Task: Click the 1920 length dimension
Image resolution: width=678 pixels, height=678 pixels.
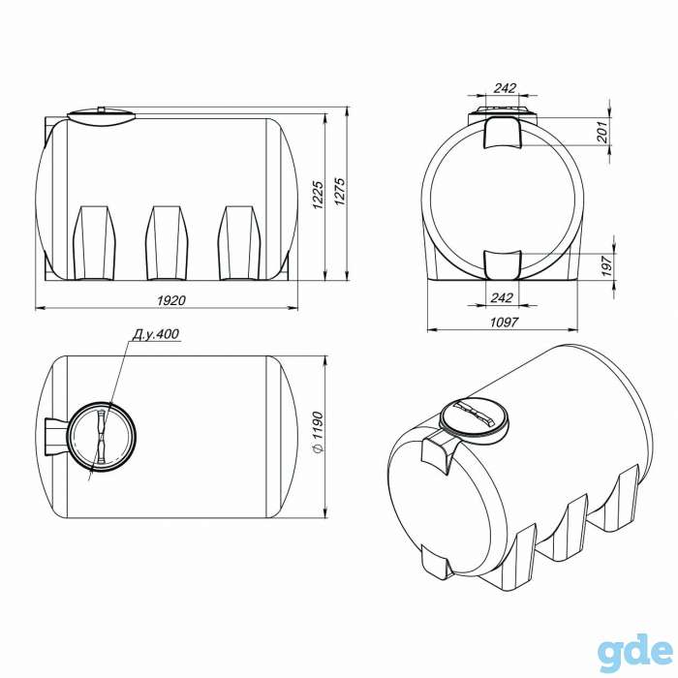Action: [x=171, y=300]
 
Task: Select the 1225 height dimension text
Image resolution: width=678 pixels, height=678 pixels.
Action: [x=318, y=195]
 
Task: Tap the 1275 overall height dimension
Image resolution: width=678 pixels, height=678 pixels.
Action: [x=340, y=192]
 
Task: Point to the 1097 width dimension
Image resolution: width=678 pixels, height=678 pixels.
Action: [x=504, y=323]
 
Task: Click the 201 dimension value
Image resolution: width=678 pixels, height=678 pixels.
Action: [x=602, y=133]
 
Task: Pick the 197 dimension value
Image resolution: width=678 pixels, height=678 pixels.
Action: [x=606, y=266]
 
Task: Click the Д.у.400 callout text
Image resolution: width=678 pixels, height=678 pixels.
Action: [x=156, y=334]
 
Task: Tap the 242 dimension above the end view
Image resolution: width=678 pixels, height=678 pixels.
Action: [x=505, y=88]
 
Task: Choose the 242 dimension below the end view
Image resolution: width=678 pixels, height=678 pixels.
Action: [x=502, y=297]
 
